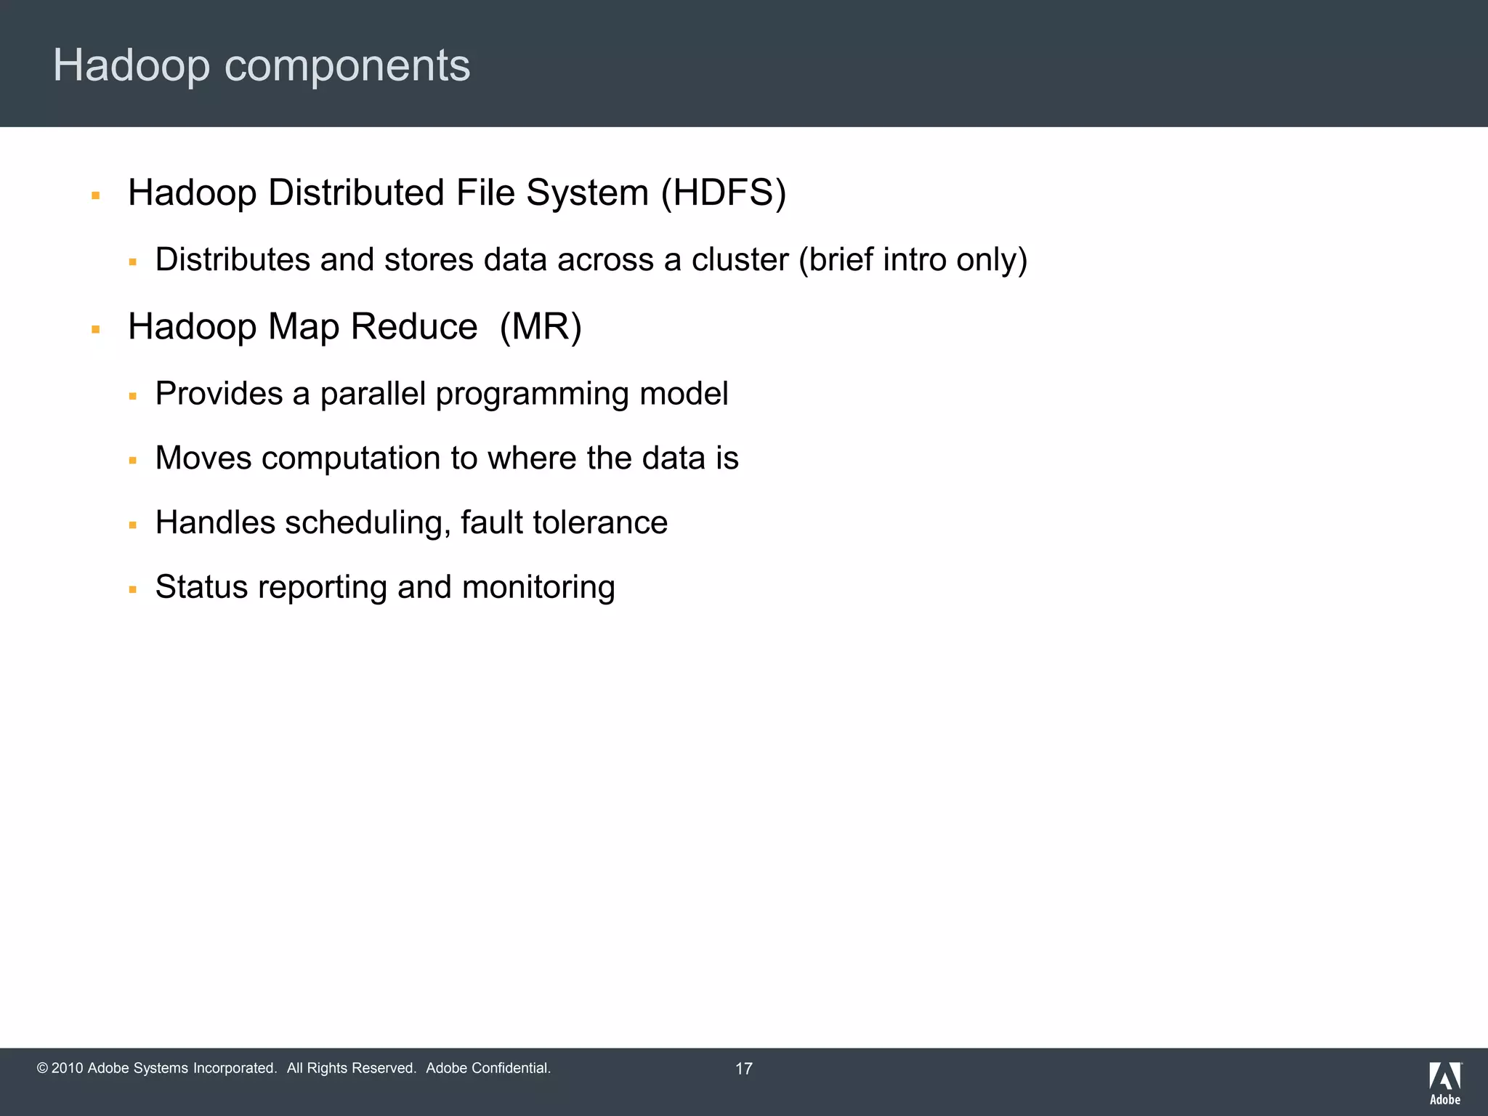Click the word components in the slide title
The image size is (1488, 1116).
[x=347, y=66]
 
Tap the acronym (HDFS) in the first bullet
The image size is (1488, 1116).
[x=724, y=193]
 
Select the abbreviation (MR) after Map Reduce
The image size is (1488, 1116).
[x=541, y=327]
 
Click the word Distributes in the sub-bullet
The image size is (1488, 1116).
[x=232, y=260]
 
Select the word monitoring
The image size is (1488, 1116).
[x=538, y=587]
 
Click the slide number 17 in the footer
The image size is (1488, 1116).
[x=744, y=1069]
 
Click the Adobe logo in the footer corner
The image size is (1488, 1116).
[x=1445, y=1083]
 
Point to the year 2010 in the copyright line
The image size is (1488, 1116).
[x=68, y=1068]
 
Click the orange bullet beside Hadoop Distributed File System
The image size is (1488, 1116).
[x=95, y=195]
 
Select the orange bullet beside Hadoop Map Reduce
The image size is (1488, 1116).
[x=95, y=330]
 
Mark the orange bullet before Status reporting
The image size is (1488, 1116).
[x=132, y=589]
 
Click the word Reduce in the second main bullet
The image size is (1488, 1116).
[x=414, y=327]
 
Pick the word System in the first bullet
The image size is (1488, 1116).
[x=587, y=193]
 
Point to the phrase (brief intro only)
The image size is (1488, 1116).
[x=913, y=260]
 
